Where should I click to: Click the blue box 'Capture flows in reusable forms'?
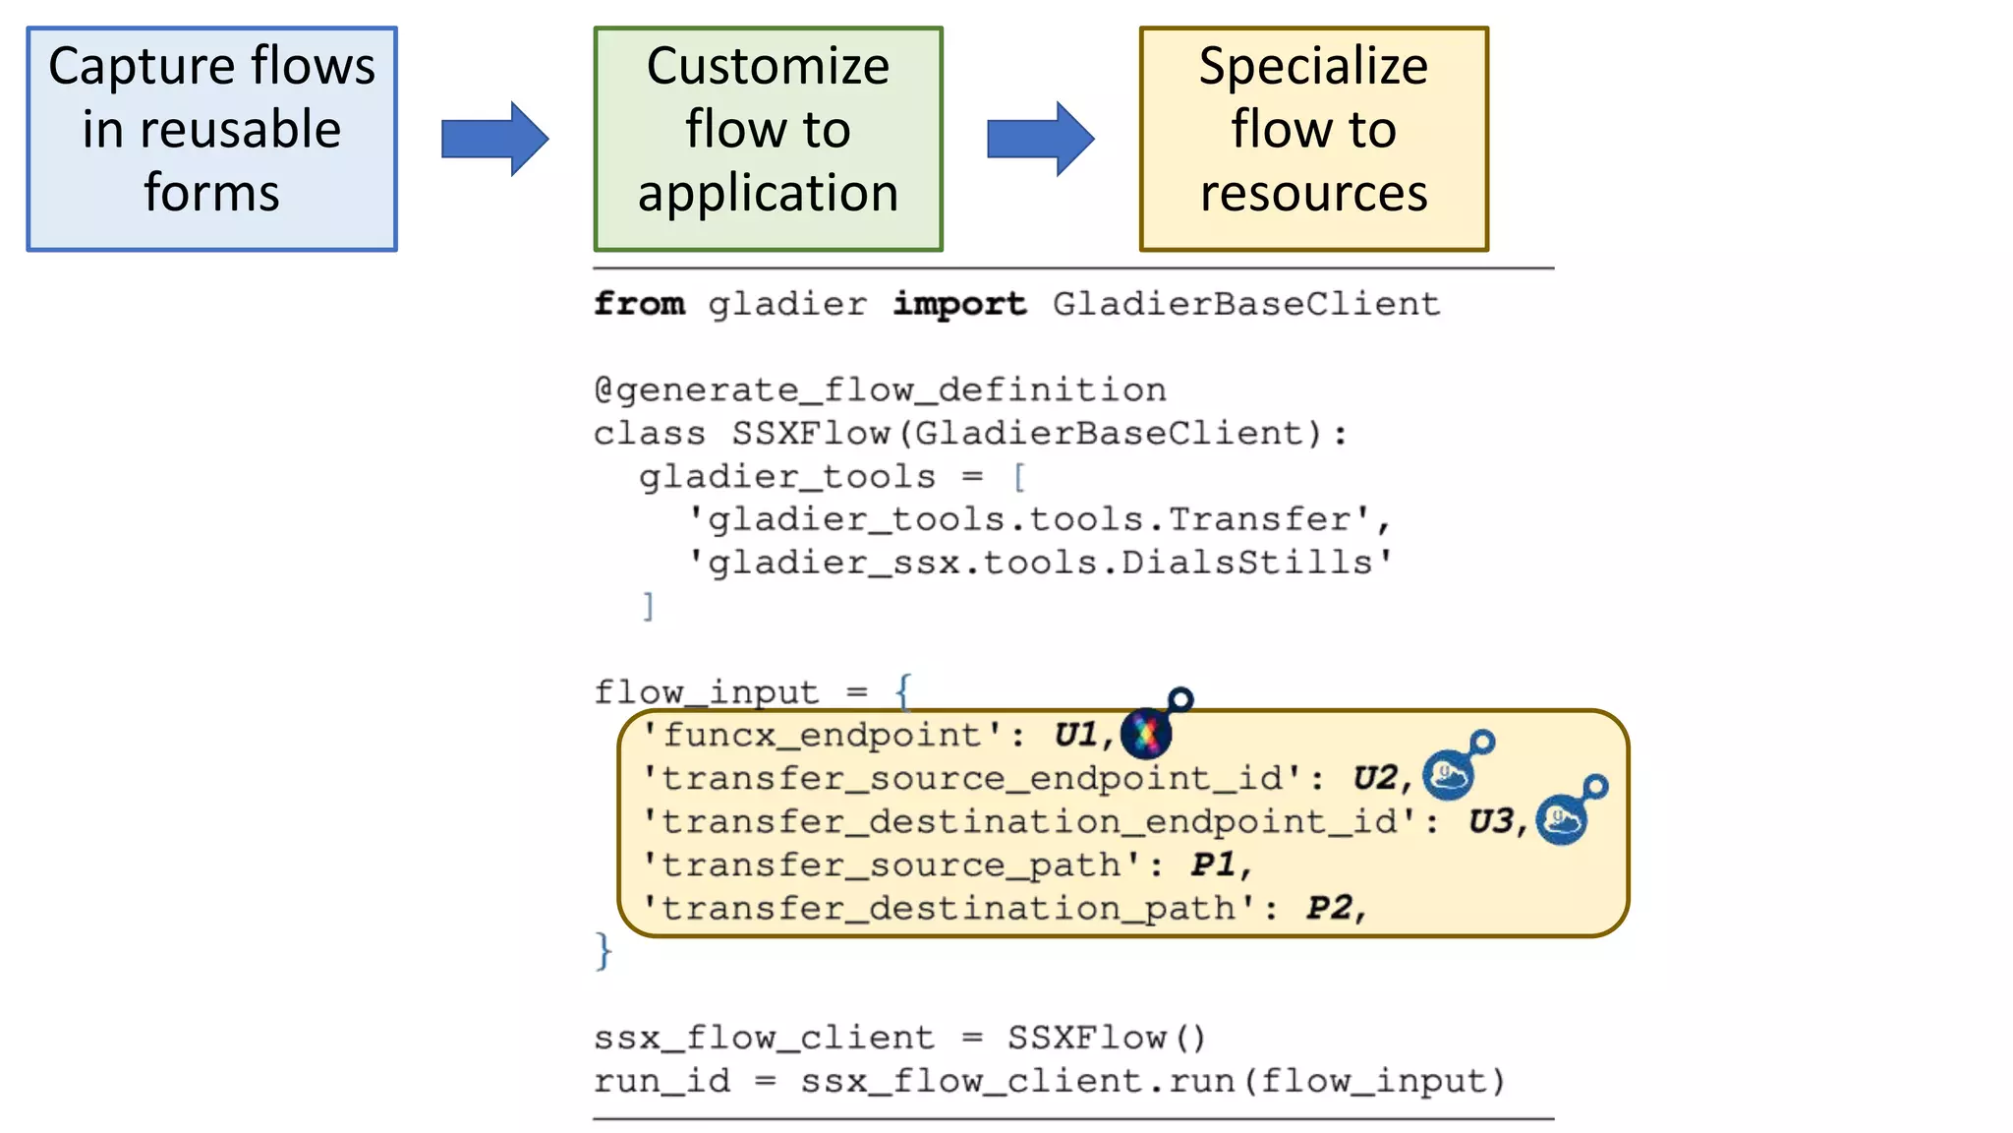211,139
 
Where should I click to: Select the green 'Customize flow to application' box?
768,139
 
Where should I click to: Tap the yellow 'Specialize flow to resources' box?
1313,139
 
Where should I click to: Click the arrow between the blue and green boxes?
494,139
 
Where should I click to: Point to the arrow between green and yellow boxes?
1040,139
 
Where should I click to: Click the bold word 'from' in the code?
639,304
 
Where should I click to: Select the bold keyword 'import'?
959,304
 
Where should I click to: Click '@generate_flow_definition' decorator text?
880,390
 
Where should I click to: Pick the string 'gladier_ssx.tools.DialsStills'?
1039,563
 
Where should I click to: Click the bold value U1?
1076,735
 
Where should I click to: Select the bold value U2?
1376,778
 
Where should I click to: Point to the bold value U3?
1491,821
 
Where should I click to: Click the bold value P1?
1214,865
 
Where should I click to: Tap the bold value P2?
1329,908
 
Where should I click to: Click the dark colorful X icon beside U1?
1146,733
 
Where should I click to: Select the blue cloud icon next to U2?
1449,775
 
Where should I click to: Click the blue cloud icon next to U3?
1562,819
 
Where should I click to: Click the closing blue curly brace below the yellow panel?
604,951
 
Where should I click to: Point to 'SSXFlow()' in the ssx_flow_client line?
1106,1038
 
